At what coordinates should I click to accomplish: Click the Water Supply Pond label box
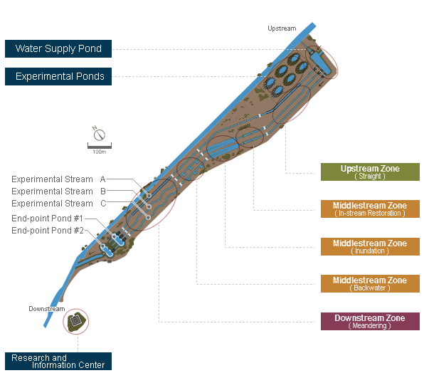tap(58, 48)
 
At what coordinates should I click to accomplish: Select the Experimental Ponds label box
tap(58, 76)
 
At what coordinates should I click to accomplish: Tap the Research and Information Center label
tap(58, 361)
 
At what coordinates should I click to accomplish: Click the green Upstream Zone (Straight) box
tap(370, 172)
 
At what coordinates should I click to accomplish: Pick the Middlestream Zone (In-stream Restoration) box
tap(370, 209)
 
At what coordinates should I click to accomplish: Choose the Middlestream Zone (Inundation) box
tap(370, 246)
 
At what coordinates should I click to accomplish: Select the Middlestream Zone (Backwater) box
tap(370, 283)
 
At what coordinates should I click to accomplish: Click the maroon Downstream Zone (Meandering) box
tap(370, 321)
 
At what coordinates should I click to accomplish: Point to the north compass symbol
tap(99, 135)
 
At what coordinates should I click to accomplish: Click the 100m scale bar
tap(99, 146)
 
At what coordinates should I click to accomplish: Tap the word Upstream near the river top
tap(282, 28)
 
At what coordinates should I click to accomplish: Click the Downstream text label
tap(47, 309)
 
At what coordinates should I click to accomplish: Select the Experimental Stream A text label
tap(58, 179)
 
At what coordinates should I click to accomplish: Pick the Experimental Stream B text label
tap(58, 191)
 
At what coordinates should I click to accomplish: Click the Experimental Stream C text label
tap(58, 203)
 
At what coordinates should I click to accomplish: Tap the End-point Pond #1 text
tap(47, 218)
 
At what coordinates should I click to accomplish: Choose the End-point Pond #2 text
tap(48, 230)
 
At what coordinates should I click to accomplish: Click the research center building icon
tap(76, 321)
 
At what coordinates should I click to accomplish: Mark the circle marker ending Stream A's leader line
tap(149, 196)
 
